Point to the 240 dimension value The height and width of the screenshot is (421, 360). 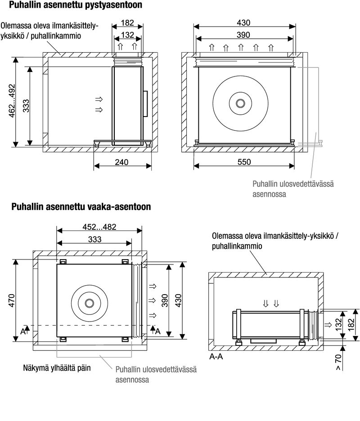coord(122,162)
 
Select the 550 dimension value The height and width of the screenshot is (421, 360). coord(244,162)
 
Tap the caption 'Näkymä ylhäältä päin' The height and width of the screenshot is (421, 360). coord(57,368)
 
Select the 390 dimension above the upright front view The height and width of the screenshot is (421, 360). coord(243,35)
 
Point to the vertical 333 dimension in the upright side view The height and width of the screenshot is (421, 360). coord(26,107)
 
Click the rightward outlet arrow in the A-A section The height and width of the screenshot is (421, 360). coord(327,324)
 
